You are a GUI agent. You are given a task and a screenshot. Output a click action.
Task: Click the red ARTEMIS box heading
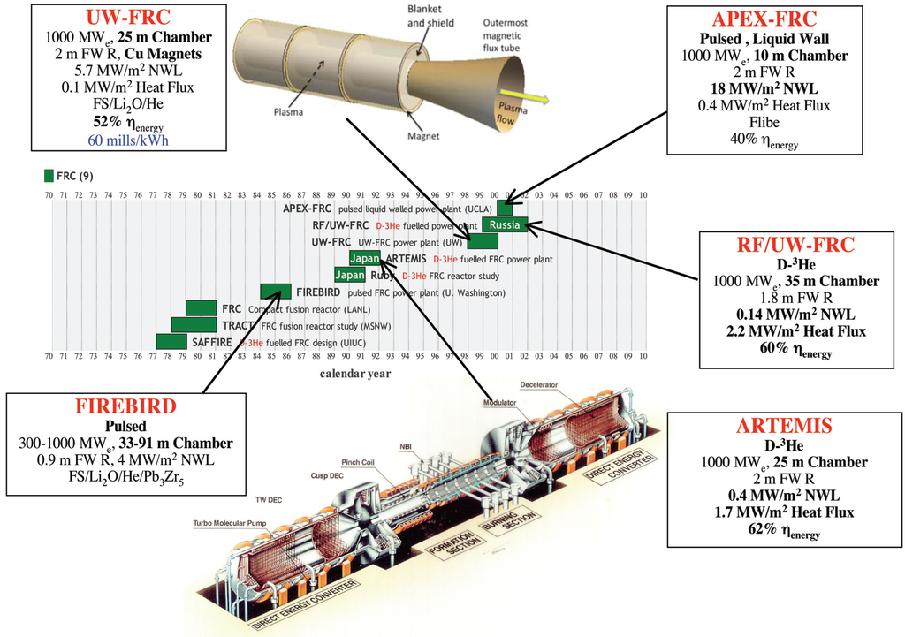pos(785,426)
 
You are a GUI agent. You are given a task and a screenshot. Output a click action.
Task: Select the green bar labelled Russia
pos(505,224)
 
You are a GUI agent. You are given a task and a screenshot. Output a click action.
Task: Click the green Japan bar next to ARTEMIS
pos(364,258)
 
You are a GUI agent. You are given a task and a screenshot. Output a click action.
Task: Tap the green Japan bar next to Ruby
pos(350,275)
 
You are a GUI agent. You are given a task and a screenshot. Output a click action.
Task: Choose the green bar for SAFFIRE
pos(171,342)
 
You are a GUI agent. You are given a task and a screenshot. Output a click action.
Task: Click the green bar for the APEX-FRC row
pos(505,208)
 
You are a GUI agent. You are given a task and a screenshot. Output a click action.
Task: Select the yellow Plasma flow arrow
pos(521,95)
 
